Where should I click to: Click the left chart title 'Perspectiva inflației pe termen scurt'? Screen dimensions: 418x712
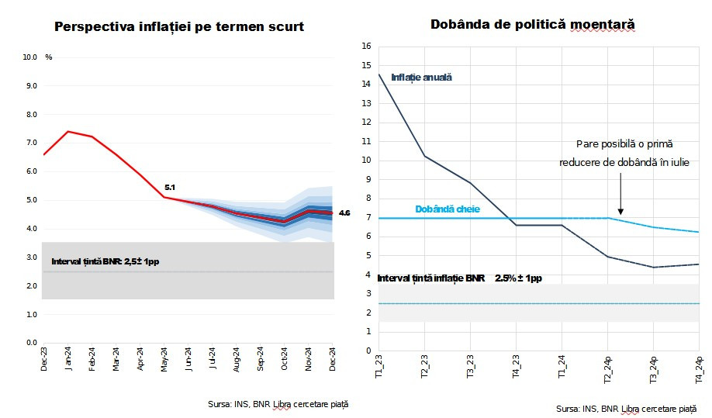point(179,27)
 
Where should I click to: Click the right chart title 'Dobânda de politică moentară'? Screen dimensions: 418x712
point(533,25)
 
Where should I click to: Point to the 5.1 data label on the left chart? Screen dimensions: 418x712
point(171,188)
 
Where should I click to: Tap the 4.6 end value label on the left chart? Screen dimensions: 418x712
point(344,212)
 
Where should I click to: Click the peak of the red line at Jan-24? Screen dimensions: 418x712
point(68,132)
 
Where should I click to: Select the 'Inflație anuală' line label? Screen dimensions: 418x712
point(421,78)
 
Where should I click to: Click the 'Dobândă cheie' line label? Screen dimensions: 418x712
point(448,209)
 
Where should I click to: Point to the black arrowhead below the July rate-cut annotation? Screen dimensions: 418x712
point(620,210)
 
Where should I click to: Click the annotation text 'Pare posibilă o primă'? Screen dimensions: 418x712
point(624,144)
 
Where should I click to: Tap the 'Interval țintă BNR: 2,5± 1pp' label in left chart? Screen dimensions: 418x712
point(111,261)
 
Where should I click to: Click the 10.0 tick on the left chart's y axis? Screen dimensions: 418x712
point(30,57)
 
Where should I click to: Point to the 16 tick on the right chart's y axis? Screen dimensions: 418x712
point(367,47)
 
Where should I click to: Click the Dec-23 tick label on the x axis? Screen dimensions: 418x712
point(44,359)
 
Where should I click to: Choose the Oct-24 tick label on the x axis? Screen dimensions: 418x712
point(285,359)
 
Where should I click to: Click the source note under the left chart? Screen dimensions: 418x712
point(278,404)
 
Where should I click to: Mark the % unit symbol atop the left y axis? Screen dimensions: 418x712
point(49,57)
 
